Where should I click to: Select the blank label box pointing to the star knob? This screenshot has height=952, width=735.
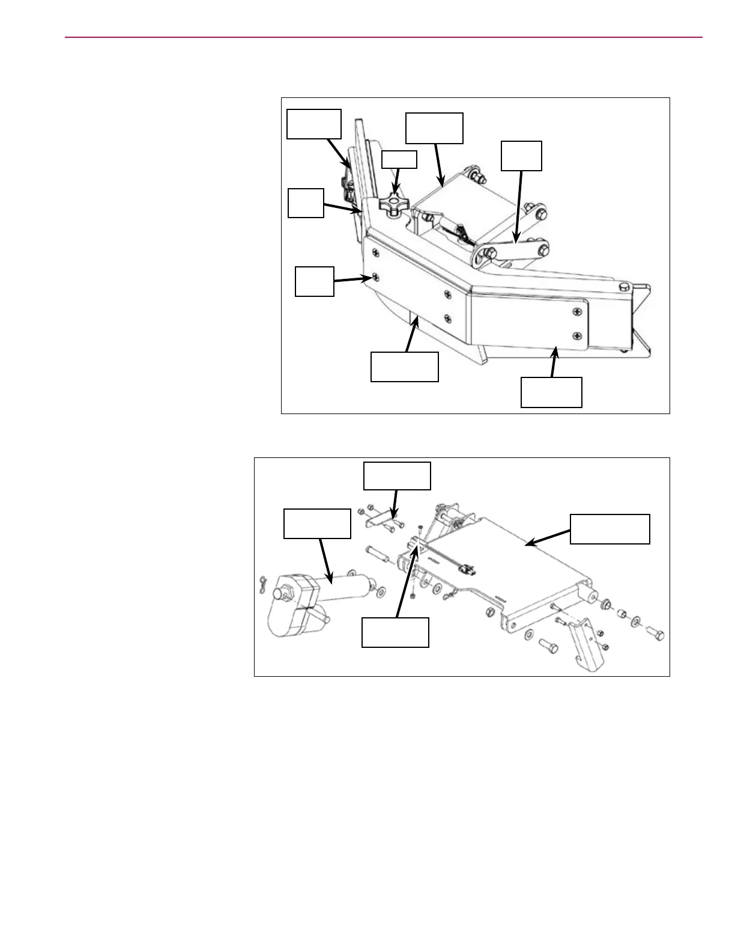(399, 159)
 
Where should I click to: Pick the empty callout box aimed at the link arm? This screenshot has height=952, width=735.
(522, 156)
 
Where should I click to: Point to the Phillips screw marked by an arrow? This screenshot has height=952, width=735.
(374, 277)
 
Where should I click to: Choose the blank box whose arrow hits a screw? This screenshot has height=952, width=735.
(314, 282)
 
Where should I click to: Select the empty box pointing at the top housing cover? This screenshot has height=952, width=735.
(434, 128)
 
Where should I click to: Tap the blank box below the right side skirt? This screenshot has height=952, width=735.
(551, 392)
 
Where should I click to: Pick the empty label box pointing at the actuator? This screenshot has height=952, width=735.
(317, 523)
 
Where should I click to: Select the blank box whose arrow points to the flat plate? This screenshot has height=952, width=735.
(609, 529)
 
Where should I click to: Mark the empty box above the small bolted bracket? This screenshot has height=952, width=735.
(397, 476)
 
